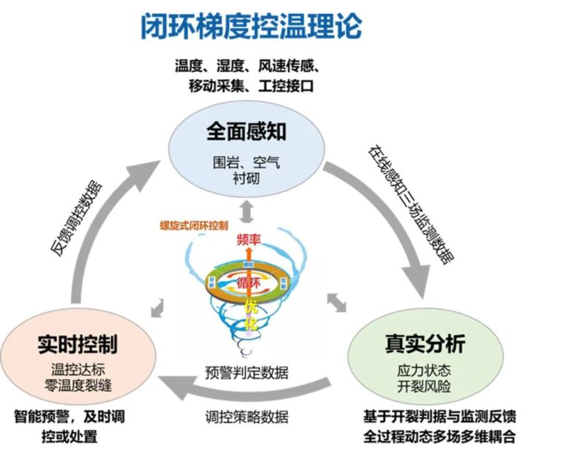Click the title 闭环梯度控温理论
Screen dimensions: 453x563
click(251, 27)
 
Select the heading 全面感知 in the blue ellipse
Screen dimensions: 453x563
click(247, 133)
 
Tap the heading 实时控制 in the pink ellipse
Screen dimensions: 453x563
click(77, 344)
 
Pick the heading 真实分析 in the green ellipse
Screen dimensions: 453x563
click(424, 344)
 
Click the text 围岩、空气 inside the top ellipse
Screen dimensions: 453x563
click(247, 161)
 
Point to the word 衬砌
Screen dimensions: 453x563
click(246, 179)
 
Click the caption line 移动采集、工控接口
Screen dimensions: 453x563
click(252, 85)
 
